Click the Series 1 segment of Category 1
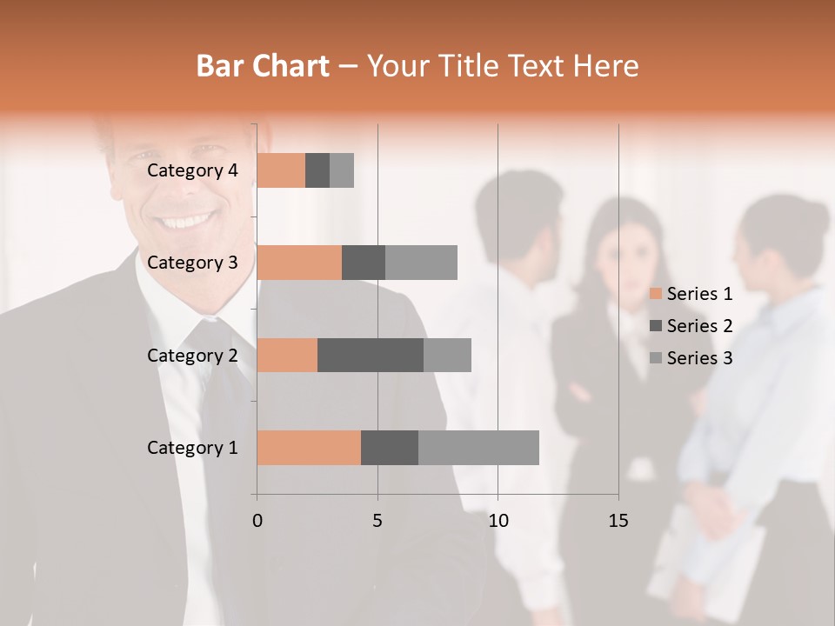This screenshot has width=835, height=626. pyautogui.click(x=309, y=447)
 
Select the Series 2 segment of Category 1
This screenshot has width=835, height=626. pyautogui.click(x=390, y=447)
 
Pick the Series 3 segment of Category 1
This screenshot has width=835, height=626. pyautogui.click(x=478, y=447)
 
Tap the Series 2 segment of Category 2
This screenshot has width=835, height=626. pyautogui.click(x=371, y=355)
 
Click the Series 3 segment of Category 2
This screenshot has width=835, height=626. pyautogui.click(x=447, y=355)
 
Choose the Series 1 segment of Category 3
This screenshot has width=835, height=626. pyautogui.click(x=299, y=262)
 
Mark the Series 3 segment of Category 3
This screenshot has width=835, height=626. pyautogui.click(x=421, y=262)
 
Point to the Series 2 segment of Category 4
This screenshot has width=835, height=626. pyautogui.click(x=317, y=170)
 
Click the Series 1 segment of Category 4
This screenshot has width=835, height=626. pyautogui.click(x=281, y=170)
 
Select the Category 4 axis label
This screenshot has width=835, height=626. pyautogui.click(x=192, y=170)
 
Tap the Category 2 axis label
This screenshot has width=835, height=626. pyautogui.click(x=192, y=356)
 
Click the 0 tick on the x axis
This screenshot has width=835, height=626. pyautogui.click(x=257, y=521)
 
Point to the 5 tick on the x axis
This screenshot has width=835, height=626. pyautogui.click(x=377, y=521)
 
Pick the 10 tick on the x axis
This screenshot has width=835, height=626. pyautogui.click(x=498, y=521)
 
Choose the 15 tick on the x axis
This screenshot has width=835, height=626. pyautogui.click(x=618, y=521)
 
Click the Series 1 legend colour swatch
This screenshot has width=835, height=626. pyautogui.click(x=655, y=294)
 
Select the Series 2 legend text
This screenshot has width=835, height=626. pyautogui.click(x=699, y=326)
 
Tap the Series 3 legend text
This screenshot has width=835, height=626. pyautogui.click(x=699, y=358)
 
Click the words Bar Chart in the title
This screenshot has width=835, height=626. pyautogui.click(x=263, y=66)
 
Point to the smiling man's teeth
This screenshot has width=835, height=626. pyautogui.click(x=183, y=221)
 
